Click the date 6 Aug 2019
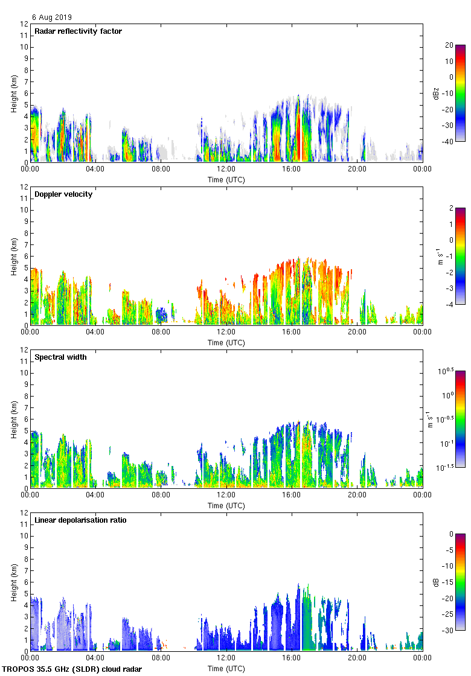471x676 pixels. (51, 18)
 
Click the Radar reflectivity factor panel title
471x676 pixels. (78, 31)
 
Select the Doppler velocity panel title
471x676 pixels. (63, 194)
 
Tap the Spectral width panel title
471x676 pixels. (60, 357)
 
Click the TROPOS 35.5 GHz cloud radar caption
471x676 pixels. (72, 669)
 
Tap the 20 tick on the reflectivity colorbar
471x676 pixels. (449, 45)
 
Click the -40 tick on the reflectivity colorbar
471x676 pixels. (449, 142)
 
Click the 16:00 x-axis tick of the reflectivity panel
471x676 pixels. (292, 169)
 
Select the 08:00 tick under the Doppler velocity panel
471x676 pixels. (161, 332)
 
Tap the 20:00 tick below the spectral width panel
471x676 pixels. (357, 495)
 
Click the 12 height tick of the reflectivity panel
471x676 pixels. (24, 24)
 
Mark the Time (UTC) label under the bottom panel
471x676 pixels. (226, 669)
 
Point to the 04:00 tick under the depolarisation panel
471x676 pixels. (95, 658)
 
